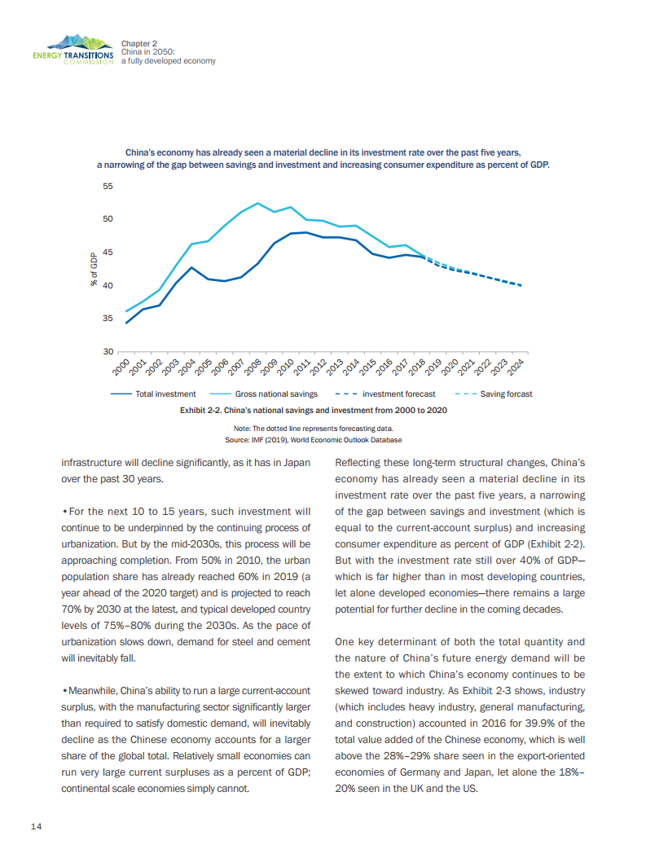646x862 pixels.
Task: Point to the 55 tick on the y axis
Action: [x=108, y=187]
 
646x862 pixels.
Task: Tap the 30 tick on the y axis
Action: [x=108, y=351]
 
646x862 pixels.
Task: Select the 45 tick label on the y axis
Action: [x=108, y=253]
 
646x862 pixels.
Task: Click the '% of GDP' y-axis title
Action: [x=94, y=270]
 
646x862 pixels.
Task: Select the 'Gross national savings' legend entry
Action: [x=265, y=394]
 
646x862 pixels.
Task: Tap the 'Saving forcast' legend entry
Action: [x=506, y=394]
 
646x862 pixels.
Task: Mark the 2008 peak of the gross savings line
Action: [x=257, y=203]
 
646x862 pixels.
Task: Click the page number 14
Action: [x=36, y=827]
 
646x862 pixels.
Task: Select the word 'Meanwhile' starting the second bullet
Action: [x=93, y=691]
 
